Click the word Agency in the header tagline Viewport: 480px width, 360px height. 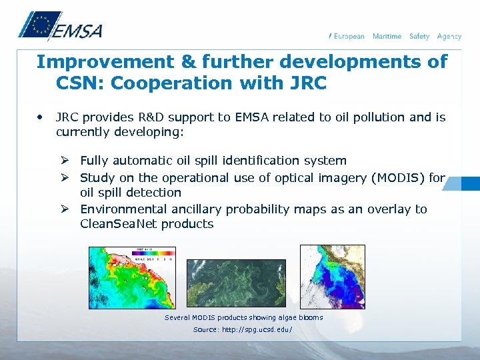pos(449,36)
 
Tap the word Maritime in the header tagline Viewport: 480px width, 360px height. pos(387,36)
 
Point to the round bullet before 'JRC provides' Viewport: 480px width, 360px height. pos(41,117)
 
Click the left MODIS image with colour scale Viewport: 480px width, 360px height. pos(133,277)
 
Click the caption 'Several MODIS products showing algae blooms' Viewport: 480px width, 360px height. pos(243,317)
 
